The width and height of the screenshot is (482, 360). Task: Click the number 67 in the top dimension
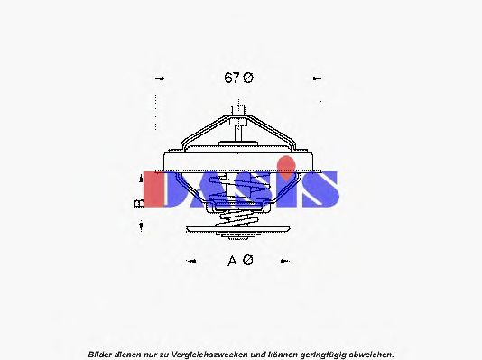pyautogui.click(x=231, y=78)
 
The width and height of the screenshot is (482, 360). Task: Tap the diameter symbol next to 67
pyautogui.click(x=247, y=78)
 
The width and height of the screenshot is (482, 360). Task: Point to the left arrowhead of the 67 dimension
pyautogui.click(x=160, y=78)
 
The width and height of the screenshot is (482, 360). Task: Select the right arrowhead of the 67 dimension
pyautogui.click(x=317, y=78)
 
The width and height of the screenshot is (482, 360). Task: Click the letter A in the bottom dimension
pyautogui.click(x=231, y=261)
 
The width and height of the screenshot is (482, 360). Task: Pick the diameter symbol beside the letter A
pyautogui.click(x=247, y=261)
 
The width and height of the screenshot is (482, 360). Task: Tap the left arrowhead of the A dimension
pyautogui.click(x=190, y=262)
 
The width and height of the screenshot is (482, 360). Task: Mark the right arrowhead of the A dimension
pyautogui.click(x=287, y=262)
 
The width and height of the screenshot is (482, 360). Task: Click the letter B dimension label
pyautogui.click(x=140, y=203)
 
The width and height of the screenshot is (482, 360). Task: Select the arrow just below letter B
pyautogui.click(x=141, y=226)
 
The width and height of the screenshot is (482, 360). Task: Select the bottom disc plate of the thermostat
pyautogui.click(x=239, y=236)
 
